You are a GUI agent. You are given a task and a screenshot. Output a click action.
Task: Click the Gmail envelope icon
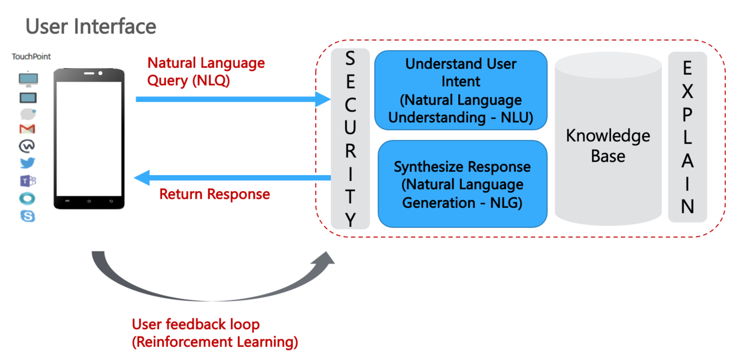point(27,129)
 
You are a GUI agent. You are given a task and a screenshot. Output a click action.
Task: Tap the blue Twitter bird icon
point(27,163)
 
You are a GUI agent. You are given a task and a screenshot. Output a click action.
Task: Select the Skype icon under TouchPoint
point(27,216)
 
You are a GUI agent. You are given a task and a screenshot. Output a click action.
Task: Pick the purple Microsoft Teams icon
point(28,181)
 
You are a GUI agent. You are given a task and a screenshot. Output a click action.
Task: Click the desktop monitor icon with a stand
point(28,79)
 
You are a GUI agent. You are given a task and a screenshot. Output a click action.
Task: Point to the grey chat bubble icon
point(28,113)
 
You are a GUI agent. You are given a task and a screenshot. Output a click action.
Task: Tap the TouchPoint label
point(32,57)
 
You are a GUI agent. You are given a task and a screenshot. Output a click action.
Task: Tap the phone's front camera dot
point(100,73)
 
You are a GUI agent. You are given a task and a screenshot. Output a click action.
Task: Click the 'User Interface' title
point(91,26)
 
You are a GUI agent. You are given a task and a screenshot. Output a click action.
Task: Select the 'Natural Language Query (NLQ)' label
point(206,71)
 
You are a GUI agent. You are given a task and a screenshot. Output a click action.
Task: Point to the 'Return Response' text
point(214,194)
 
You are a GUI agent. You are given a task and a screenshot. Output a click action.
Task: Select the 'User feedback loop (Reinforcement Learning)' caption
point(215,333)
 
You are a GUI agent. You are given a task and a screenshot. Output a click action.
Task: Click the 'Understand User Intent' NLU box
point(461,90)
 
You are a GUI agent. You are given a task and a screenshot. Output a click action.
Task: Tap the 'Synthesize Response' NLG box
point(462,184)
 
